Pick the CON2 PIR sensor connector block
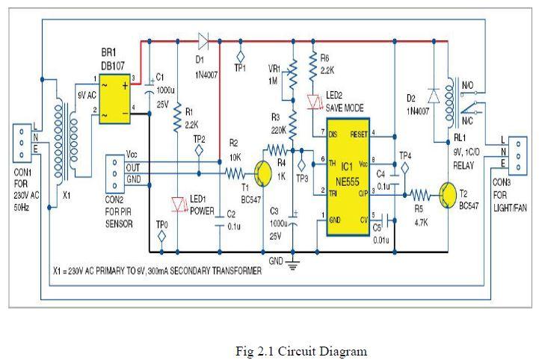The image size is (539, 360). [114, 173]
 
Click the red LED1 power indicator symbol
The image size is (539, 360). [178, 202]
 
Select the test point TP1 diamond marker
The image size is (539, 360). [241, 55]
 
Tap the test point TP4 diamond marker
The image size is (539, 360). [404, 168]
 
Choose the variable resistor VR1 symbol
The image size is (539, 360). [292, 75]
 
